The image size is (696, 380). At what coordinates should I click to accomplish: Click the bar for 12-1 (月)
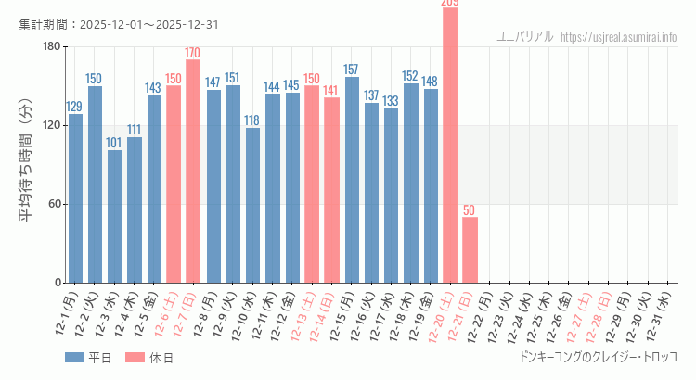[75, 198]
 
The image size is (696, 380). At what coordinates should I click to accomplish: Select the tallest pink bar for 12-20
[450, 145]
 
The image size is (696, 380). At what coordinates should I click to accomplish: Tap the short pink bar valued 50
[470, 250]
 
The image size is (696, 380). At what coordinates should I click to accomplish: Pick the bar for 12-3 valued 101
[114, 216]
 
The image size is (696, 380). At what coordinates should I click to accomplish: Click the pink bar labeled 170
[193, 171]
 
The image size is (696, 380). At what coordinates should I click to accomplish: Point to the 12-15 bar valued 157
[352, 180]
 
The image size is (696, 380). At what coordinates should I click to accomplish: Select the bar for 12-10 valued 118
[252, 205]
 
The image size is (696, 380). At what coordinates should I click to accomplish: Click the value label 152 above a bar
[410, 76]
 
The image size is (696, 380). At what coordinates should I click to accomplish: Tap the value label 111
[135, 130]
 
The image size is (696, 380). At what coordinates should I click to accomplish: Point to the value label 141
[331, 91]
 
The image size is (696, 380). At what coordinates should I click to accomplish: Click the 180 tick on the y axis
[51, 47]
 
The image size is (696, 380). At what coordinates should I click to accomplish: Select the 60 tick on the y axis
[54, 204]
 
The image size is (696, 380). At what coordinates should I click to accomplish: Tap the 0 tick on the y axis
[58, 283]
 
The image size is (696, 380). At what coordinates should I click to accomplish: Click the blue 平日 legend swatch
[74, 357]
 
